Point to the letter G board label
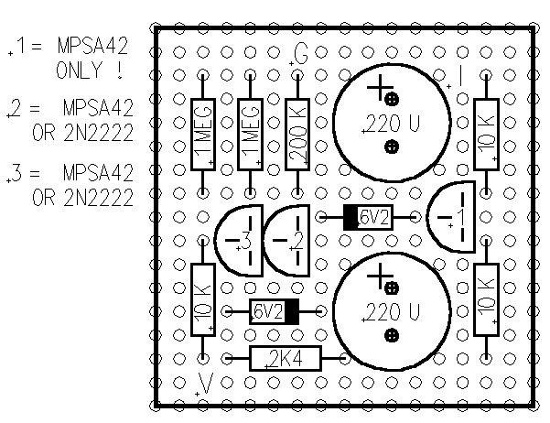[301, 54]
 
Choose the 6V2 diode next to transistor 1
[369, 218]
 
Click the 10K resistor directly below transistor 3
[203, 299]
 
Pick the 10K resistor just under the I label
[486, 134]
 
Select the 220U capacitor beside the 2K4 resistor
[391, 311]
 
